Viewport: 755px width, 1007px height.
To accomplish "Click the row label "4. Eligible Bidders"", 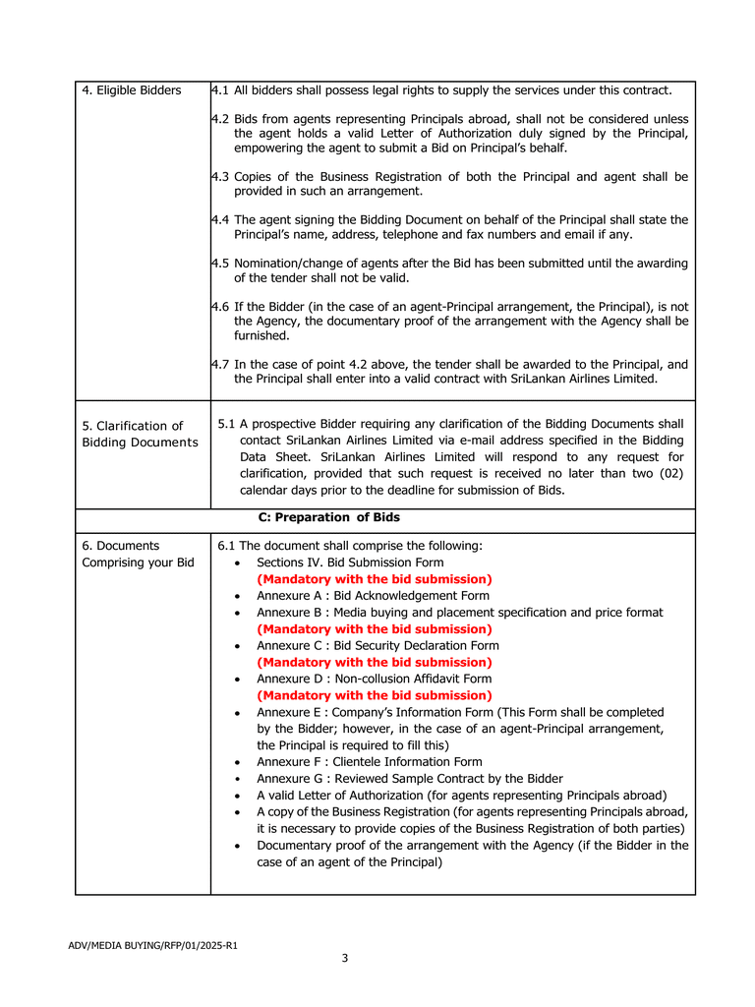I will coord(132,90).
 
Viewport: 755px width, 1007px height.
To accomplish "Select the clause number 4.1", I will coord(220,90).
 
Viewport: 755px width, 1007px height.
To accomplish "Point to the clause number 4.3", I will coord(220,177).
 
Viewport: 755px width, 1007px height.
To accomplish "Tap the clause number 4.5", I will coord(220,264).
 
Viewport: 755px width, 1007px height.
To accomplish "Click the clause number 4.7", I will coord(220,364).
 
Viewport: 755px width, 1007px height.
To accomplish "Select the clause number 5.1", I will coord(226,424).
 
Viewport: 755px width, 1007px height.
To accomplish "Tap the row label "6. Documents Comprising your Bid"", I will coord(138,554).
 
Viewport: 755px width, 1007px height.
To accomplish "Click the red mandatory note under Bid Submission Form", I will coord(374,579).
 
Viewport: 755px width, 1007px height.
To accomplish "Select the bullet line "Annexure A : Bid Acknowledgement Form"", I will coord(373,596).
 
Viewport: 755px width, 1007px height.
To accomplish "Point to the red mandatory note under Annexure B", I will coord(374,629).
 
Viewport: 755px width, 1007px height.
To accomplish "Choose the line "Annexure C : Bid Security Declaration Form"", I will coord(377,646).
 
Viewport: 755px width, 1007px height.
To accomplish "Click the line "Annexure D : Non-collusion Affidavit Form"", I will coord(374,679).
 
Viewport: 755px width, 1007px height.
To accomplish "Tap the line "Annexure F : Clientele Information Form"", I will coord(369,762).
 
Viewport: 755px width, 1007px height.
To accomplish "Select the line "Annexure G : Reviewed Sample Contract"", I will coord(410,779).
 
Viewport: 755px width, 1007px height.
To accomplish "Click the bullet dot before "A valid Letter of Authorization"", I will coord(239,796).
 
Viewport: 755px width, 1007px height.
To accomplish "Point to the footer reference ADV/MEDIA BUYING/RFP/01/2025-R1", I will coord(152,946).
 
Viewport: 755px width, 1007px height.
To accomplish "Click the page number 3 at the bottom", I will coord(344,959).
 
